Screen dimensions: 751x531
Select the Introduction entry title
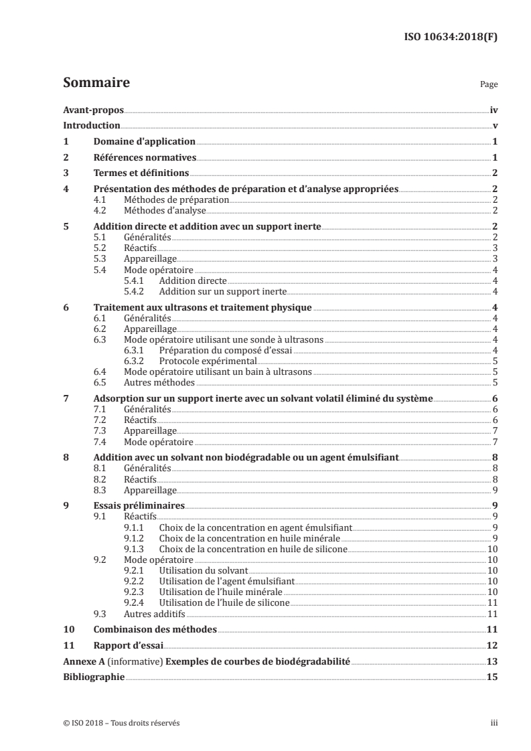coord(91,125)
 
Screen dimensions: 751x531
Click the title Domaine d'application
coord(144,141)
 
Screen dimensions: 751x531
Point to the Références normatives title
coord(145,157)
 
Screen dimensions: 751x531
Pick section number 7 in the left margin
coord(66,399)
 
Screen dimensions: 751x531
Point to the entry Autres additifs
coord(155,613)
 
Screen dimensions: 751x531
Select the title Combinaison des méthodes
coord(155,629)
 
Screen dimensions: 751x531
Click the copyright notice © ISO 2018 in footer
coord(121,723)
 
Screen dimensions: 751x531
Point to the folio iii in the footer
coord(494,723)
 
